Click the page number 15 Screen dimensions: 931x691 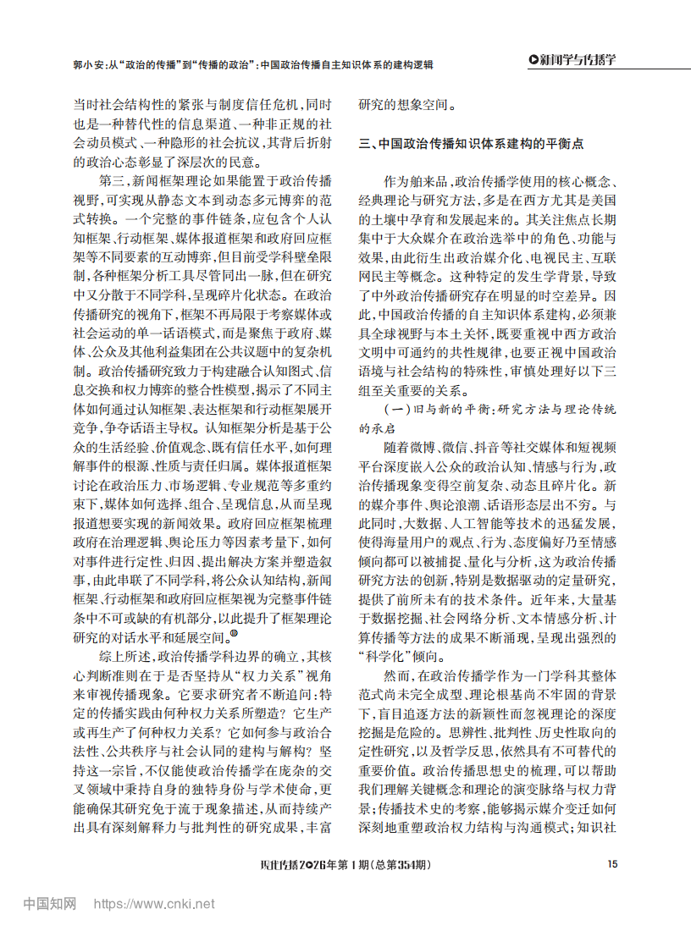[x=612, y=864]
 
